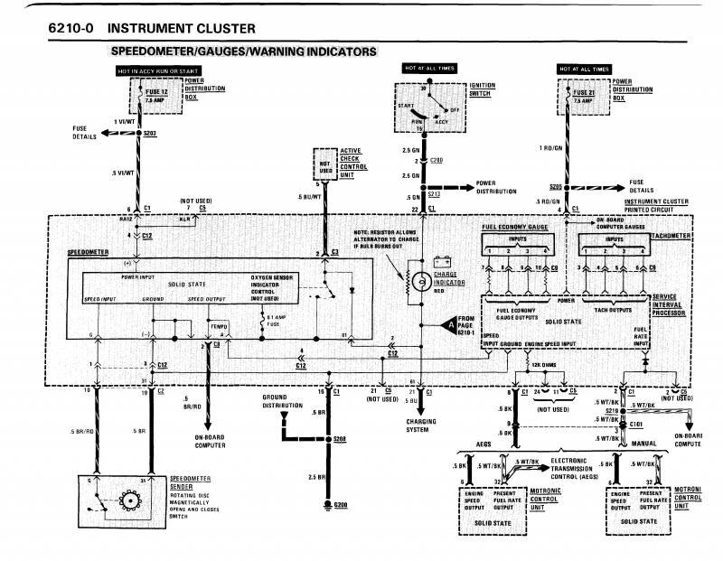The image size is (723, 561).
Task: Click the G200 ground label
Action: pos(340,503)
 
